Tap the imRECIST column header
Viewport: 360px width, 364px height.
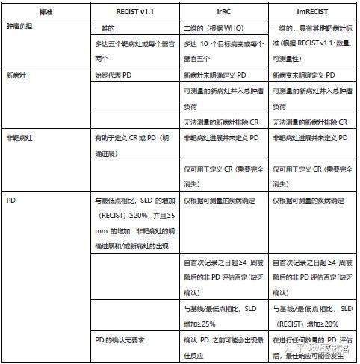point(313,11)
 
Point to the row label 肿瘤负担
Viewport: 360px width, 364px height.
point(21,26)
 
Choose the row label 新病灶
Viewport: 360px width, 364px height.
point(18,75)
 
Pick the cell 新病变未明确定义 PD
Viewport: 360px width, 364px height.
point(309,75)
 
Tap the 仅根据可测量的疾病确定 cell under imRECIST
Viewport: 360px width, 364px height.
point(308,200)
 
